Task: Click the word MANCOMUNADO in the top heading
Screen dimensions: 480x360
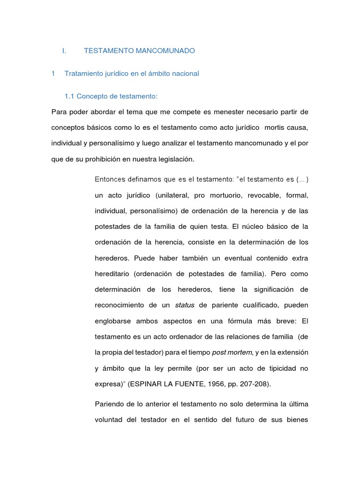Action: [x=162, y=50]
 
